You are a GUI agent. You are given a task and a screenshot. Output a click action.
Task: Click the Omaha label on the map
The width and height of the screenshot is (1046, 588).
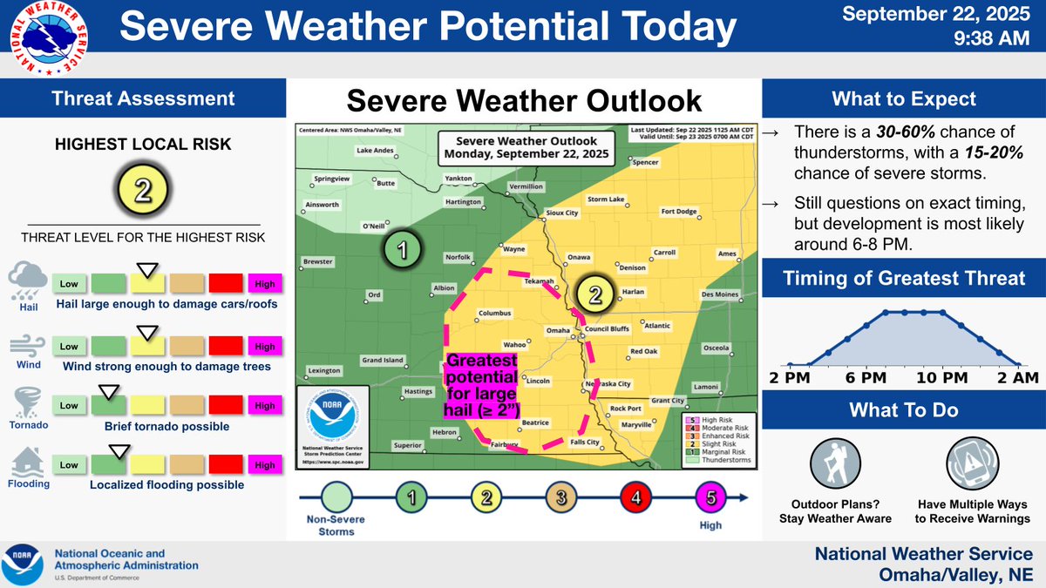(x=557, y=330)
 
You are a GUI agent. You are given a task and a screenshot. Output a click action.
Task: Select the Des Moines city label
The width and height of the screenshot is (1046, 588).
(x=720, y=294)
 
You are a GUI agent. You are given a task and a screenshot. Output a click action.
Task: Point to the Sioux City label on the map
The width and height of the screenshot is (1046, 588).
(x=561, y=213)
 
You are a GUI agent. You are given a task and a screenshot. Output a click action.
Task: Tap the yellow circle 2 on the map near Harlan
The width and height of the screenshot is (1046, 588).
(x=594, y=294)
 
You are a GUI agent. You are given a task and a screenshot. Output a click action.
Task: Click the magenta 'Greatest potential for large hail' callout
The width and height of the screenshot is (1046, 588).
(x=482, y=387)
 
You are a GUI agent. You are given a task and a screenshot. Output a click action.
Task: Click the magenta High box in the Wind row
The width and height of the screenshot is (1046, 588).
(x=264, y=347)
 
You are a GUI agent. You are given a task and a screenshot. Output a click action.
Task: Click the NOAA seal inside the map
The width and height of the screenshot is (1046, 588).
(x=332, y=416)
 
